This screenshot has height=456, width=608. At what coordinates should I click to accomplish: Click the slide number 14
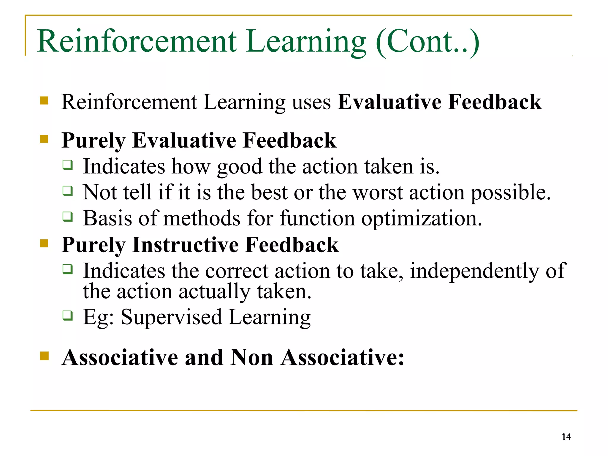(566, 436)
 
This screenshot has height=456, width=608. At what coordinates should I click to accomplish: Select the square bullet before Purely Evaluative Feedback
(44, 139)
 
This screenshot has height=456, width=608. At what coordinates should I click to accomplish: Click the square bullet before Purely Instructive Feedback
(44, 243)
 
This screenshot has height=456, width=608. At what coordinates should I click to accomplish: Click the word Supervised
(171, 317)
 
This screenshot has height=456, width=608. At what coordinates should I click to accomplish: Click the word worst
(378, 192)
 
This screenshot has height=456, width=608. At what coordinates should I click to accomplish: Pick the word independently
(474, 271)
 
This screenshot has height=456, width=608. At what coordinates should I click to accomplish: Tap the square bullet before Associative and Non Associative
(44, 356)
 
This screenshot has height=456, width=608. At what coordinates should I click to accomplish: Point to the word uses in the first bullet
(311, 102)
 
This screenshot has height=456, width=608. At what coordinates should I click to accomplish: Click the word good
(240, 167)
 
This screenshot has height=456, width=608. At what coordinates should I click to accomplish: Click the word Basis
(107, 218)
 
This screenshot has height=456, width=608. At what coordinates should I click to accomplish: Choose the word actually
(214, 291)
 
